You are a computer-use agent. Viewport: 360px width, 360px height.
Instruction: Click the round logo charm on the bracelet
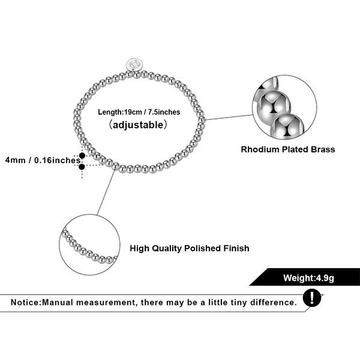134,64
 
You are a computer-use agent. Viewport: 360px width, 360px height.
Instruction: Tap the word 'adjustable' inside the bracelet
138,125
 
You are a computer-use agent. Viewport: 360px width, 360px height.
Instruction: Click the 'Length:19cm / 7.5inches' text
139,112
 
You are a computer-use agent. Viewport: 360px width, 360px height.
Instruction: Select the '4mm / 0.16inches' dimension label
42,160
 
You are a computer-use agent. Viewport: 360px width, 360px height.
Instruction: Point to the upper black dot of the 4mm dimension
82,155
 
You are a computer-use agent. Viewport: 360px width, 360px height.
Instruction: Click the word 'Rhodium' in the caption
260,149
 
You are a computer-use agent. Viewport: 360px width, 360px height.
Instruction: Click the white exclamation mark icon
311,298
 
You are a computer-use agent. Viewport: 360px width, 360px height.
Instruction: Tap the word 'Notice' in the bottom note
25,302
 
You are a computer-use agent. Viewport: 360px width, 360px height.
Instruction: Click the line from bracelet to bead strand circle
106,192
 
